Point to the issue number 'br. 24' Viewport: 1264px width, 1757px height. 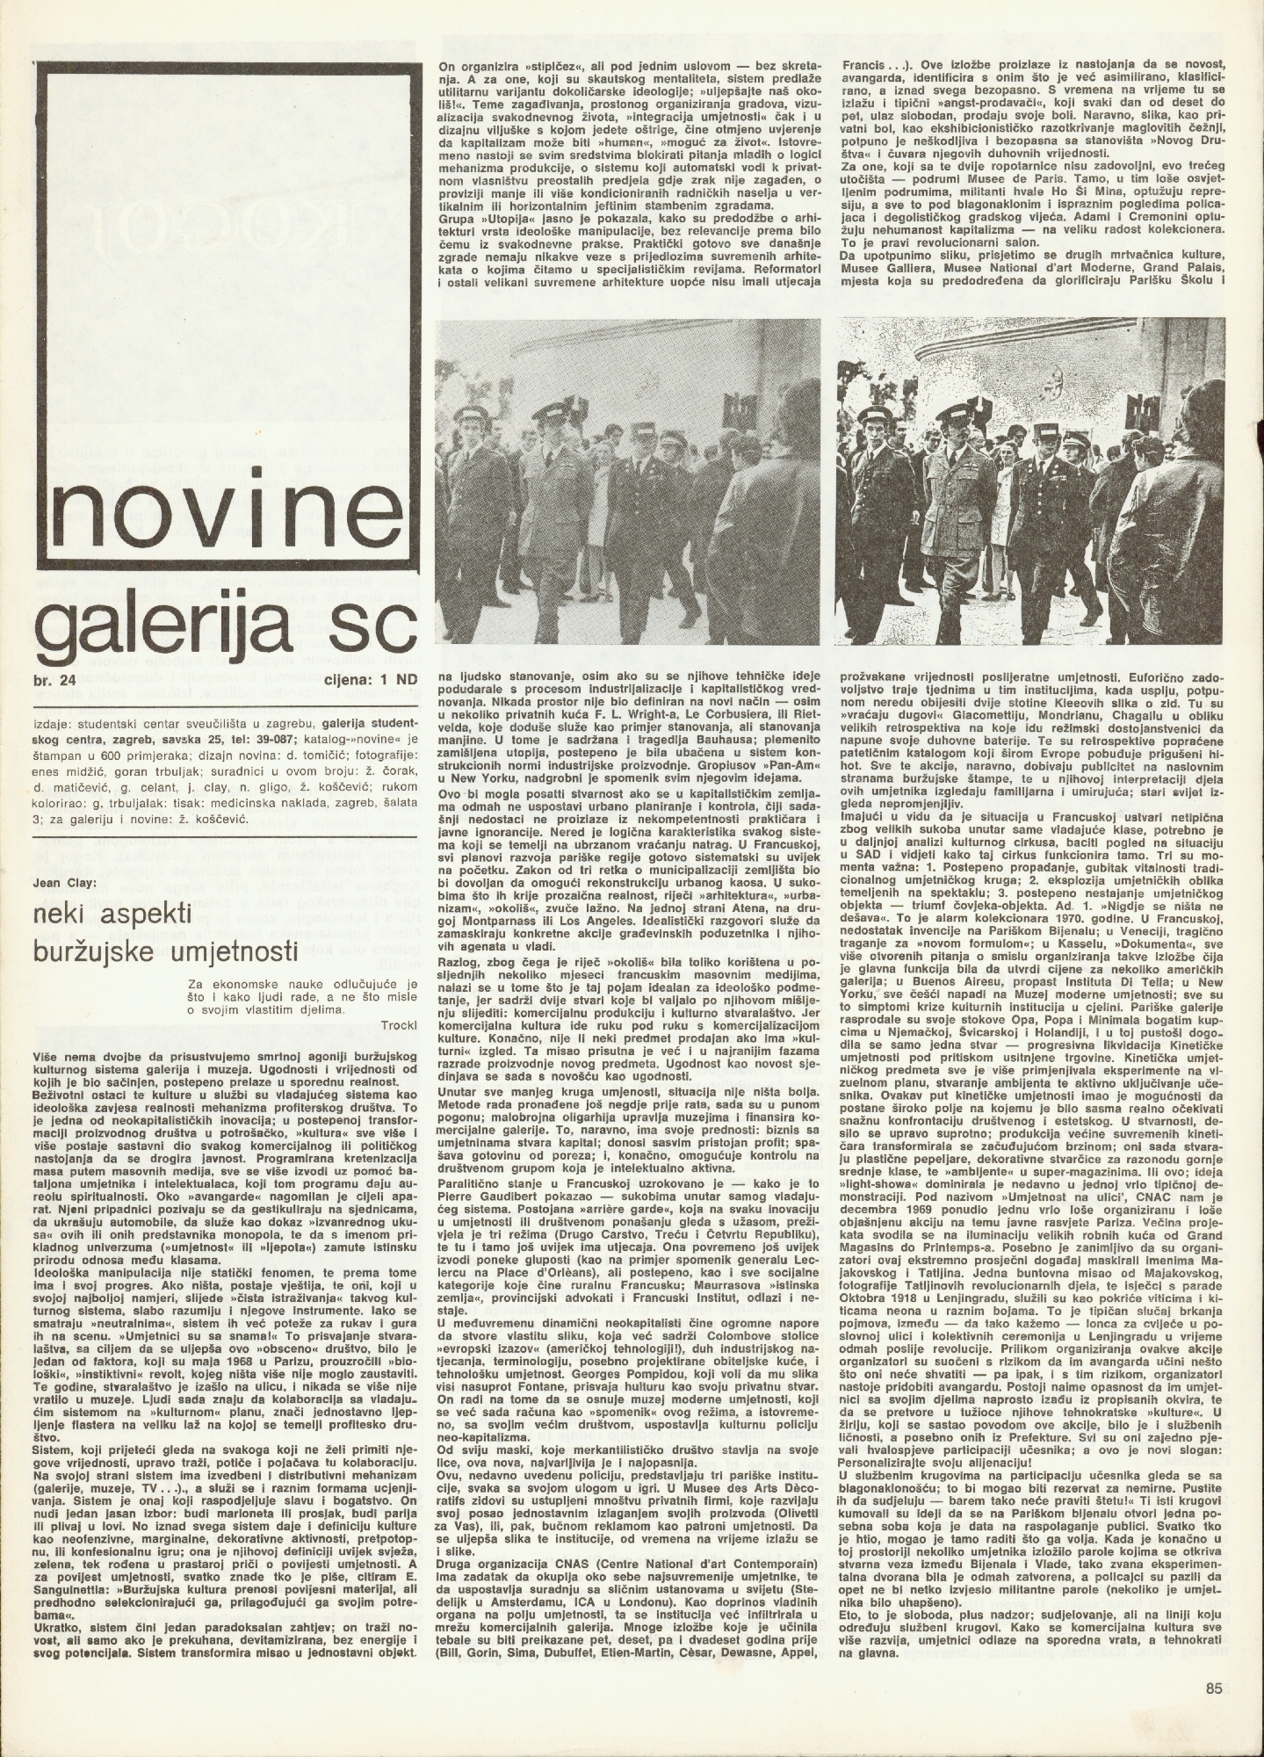coord(54,677)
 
